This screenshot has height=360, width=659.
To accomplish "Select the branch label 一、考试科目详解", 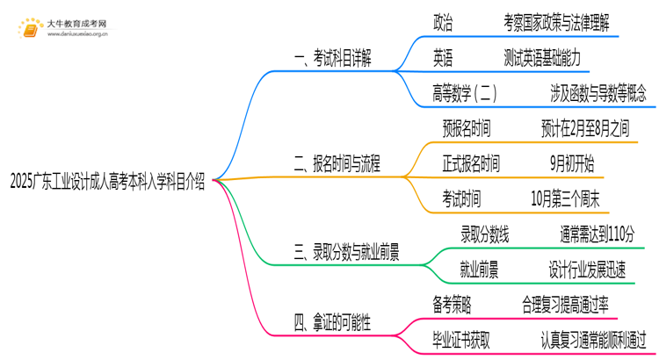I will coord(332,59).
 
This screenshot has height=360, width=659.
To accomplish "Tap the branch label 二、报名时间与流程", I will coord(337,162).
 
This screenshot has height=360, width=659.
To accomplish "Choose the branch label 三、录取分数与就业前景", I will coord(346,254).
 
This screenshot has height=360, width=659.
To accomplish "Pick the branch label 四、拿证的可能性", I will coord(332,322).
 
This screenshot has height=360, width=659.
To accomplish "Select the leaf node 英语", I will coord(444,58).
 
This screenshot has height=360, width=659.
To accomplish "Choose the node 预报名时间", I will coord(467,128).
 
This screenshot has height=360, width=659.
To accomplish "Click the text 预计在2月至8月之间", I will coord(585,128).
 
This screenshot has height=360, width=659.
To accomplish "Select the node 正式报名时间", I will coord(471,163).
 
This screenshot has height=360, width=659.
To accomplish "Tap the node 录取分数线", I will coord(484,234).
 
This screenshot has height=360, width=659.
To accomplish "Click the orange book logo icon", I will coord(30,27).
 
